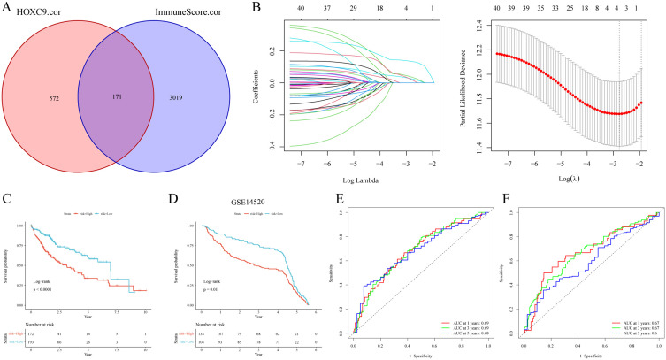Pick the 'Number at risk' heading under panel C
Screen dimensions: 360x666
click(43, 318)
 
